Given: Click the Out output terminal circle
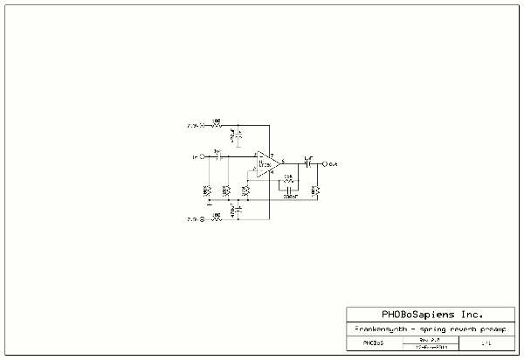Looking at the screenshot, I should (x=325, y=163).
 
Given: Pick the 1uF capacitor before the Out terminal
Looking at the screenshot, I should (x=307, y=163).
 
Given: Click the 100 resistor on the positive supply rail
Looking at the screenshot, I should (x=217, y=125).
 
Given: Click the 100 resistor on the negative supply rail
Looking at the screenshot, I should (x=217, y=218).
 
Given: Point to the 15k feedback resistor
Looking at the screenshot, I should (x=288, y=180).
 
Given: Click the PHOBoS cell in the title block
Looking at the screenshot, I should (x=374, y=343).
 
